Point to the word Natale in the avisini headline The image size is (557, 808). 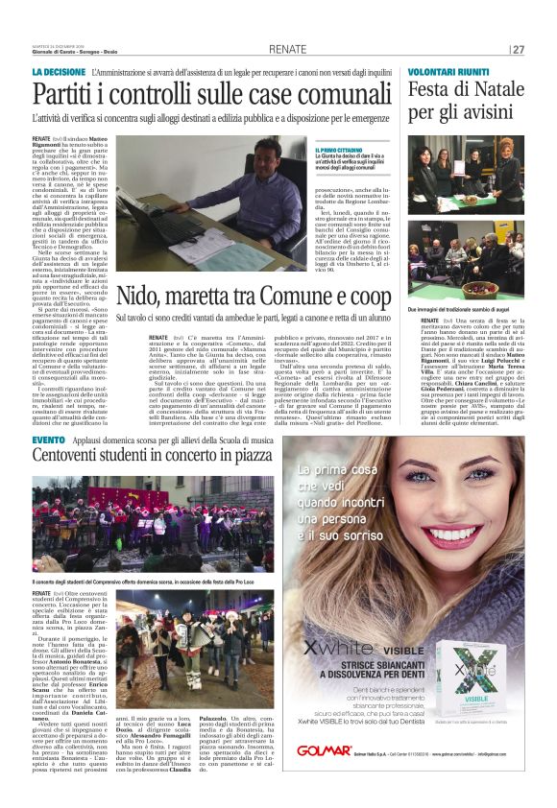point(502,91)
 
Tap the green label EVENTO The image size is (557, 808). point(48,439)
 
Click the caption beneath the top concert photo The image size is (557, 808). point(144,582)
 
